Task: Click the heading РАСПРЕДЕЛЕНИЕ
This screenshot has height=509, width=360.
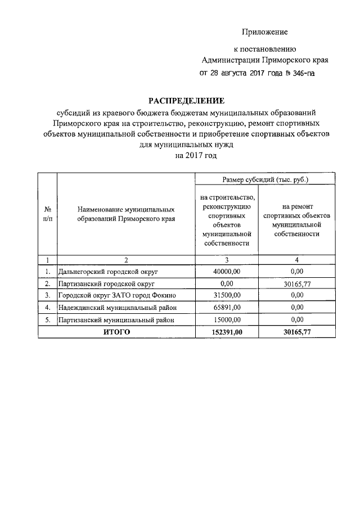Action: [186, 101]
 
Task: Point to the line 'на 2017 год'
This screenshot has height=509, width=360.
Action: [195, 155]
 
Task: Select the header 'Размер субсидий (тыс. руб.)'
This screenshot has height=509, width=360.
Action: [265, 179]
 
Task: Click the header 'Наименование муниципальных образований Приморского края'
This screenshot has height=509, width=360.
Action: [126, 214]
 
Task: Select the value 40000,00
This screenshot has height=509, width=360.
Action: [227, 271]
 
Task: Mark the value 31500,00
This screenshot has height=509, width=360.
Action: [227, 296]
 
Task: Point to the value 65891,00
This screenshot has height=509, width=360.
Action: [227, 308]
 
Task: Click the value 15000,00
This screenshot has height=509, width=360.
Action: [227, 320]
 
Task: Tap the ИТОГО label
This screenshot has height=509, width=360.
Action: [116, 332]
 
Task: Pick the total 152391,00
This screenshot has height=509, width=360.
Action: [227, 332]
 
